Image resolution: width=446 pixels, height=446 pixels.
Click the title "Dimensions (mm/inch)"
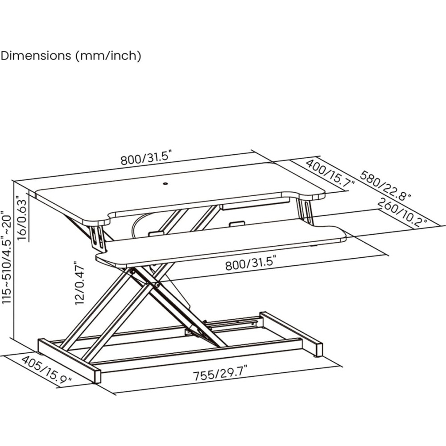pos(71,55)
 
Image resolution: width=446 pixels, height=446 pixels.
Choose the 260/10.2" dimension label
pos(402,212)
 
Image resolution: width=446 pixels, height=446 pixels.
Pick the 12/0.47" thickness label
pos(80,283)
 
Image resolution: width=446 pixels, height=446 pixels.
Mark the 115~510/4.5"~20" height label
pos(7,257)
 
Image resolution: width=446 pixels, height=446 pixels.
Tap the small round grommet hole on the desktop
pos(165,184)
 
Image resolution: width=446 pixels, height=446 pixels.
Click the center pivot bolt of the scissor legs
pos(157,285)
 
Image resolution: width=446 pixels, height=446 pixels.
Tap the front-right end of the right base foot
pos(319,350)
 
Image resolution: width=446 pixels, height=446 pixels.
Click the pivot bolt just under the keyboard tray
pos(132,272)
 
